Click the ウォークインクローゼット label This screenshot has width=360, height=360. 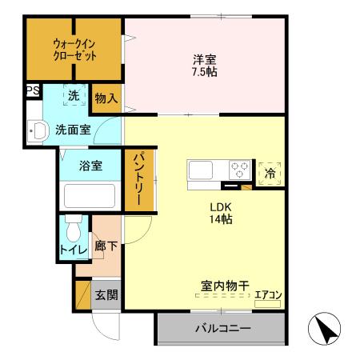click(x=75, y=50)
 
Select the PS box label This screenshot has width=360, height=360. click(x=33, y=91)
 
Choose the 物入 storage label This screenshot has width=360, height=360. click(x=106, y=98)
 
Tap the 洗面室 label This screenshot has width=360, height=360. click(x=73, y=128)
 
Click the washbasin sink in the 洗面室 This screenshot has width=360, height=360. click(x=37, y=130)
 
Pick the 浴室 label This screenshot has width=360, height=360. click(x=90, y=166)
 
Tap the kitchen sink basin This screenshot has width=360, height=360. click(x=200, y=170)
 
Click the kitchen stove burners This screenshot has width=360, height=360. click(x=239, y=170)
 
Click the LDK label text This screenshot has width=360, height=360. click(x=221, y=206)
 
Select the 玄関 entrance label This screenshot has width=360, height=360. click(x=106, y=294)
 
